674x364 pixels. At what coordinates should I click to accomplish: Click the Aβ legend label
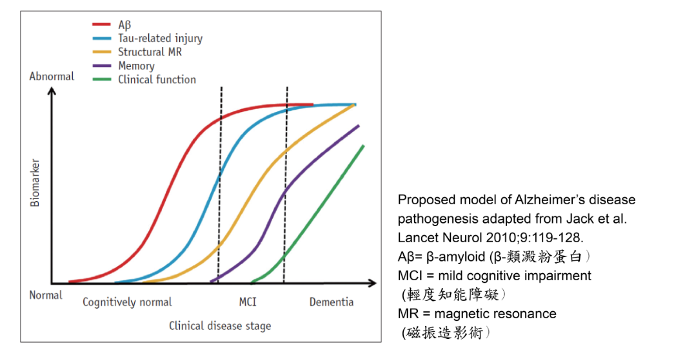click(x=124, y=25)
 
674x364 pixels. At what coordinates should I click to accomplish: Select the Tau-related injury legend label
click(x=160, y=39)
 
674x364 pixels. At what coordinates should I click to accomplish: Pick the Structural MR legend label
click(x=150, y=52)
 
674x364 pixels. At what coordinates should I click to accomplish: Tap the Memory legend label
click(x=136, y=66)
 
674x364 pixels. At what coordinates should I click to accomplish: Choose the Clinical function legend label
click(x=157, y=79)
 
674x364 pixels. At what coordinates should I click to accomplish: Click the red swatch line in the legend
click(x=102, y=25)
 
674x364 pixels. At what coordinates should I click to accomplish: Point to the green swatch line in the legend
click(x=102, y=79)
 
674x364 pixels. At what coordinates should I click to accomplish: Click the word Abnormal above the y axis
click(x=52, y=76)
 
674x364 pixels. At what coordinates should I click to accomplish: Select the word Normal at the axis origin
click(x=46, y=295)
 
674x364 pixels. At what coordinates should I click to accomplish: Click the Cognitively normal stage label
click(x=127, y=302)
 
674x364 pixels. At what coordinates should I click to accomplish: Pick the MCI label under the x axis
click(x=248, y=302)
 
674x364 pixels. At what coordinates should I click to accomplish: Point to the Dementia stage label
click(x=332, y=302)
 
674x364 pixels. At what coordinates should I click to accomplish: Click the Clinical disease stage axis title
click(x=220, y=326)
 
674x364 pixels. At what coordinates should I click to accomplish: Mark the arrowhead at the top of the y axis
click(x=52, y=91)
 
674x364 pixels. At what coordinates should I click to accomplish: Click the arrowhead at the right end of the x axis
click(x=373, y=283)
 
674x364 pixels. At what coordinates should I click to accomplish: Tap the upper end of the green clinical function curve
click(x=363, y=146)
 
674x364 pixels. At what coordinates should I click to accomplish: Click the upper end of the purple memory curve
click(x=359, y=125)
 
